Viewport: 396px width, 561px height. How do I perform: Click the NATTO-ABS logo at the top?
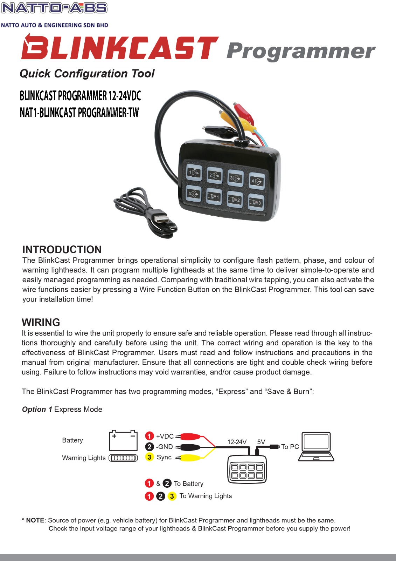[x=54, y=8]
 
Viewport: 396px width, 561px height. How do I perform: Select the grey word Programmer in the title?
[x=300, y=51]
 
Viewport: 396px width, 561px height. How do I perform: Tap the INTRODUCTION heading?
[x=62, y=249]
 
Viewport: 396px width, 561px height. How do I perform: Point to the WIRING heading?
[x=41, y=322]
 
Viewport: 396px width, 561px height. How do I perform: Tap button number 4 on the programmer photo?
[x=257, y=181]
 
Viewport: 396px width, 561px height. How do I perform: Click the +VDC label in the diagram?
[x=165, y=436]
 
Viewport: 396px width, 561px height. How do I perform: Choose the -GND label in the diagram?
[x=164, y=447]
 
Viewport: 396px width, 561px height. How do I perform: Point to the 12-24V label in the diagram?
[x=237, y=442]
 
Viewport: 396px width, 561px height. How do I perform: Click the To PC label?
[x=290, y=447]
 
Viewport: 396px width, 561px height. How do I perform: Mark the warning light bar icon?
[x=123, y=458]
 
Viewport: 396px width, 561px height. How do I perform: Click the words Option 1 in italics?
[x=37, y=410]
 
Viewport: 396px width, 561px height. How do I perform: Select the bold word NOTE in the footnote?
[x=35, y=520]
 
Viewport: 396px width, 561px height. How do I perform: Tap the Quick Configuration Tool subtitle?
[x=87, y=74]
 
